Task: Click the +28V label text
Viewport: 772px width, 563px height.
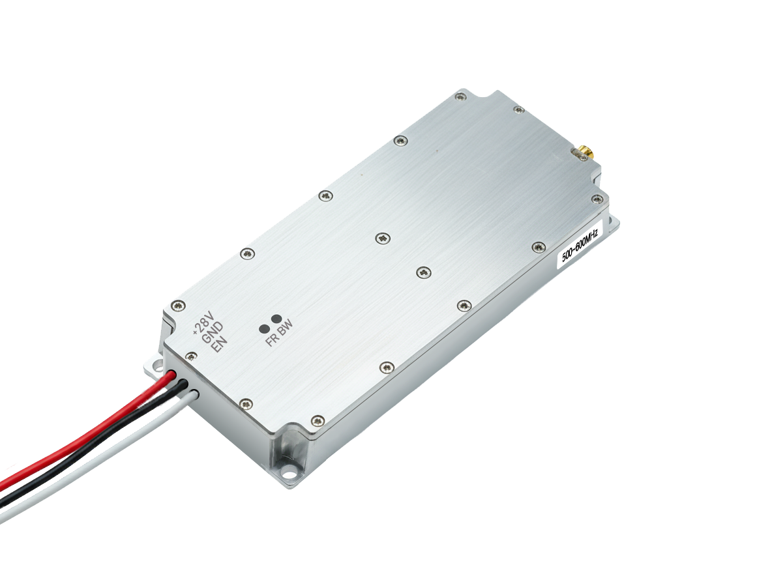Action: (x=203, y=324)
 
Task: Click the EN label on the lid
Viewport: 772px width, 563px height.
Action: (x=220, y=343)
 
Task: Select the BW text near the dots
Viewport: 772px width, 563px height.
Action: (x=285, y=332)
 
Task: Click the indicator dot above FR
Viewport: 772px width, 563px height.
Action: (x=265, y=328)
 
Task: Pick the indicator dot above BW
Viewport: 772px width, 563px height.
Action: (x=276, y=319)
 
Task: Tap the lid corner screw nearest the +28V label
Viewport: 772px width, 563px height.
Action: (x=177, y=305)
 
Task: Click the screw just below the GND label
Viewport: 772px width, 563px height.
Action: (x=191, y=356)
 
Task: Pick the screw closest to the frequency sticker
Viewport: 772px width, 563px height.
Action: (x=538, y=246)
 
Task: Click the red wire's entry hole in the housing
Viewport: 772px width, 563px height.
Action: (x=171, y=376)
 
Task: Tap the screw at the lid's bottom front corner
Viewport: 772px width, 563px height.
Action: (x=317, y=420)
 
